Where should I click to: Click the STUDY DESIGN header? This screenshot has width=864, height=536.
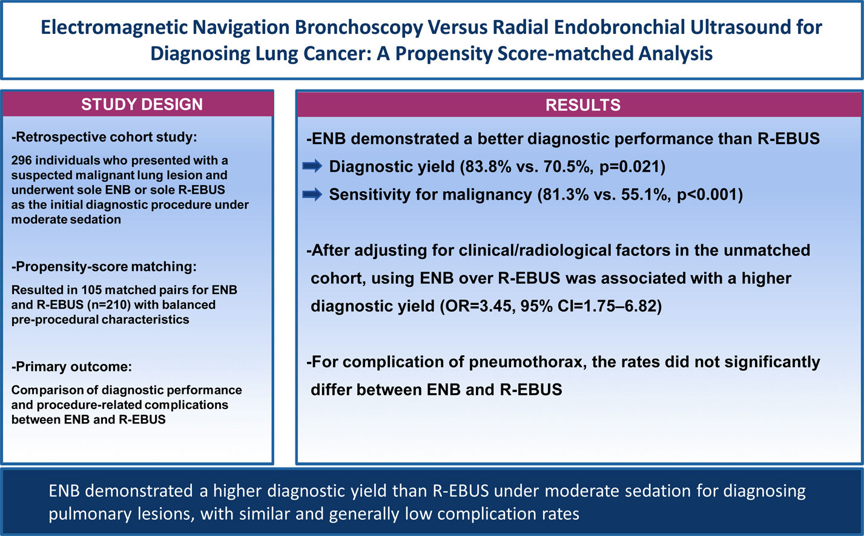click(142, 104)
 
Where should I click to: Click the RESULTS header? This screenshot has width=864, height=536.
click(582, 105)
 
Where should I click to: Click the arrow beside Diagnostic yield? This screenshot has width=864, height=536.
click(312, 166)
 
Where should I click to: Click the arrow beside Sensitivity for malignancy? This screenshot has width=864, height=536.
click(312, 194)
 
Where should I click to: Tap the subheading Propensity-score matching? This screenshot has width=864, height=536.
click(104, 267)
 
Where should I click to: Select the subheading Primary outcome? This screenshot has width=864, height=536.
click(71, 367)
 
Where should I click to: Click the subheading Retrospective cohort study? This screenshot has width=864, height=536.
click(104, 137)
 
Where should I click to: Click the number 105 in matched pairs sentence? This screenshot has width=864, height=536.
click(91, 290)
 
